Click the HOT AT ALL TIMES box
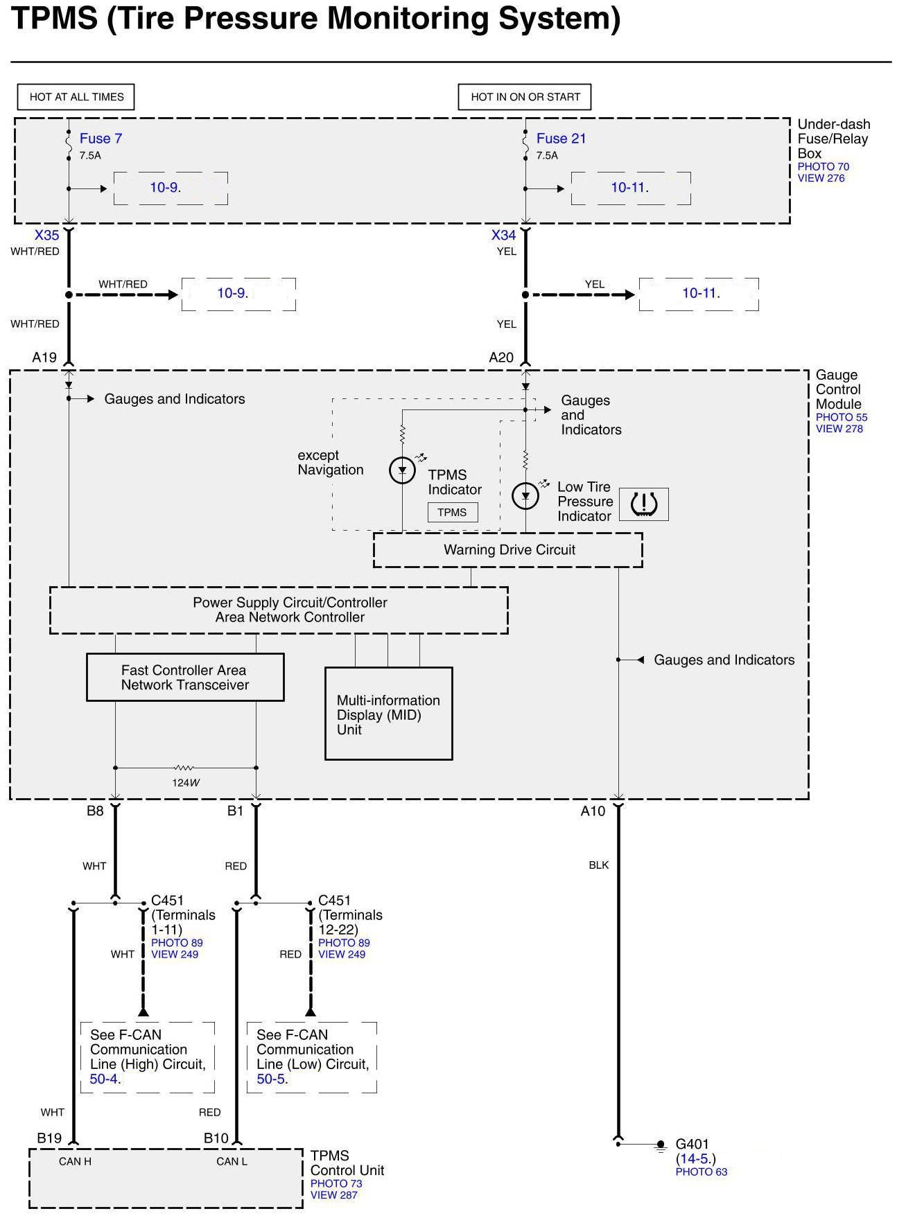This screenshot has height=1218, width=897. [76, 97]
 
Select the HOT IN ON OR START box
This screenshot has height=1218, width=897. [525, 97]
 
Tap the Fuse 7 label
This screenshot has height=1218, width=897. [101, 139]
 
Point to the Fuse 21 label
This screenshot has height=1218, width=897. [561, 139]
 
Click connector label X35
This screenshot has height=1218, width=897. [47, 236]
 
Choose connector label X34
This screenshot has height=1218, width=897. [504, 236]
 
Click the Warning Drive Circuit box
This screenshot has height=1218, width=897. [508, 550]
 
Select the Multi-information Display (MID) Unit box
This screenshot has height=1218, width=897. [388, 714]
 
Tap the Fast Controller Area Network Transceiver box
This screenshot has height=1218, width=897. [184, 678]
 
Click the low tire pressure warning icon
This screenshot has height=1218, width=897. [643, 504]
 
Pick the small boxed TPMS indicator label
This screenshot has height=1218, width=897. [452, 513]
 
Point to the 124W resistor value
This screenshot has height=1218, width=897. [186, 783]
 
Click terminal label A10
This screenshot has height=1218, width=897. [593, 811]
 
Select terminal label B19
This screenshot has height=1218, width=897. [49, 1138]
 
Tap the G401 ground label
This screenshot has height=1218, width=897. [692, 1145]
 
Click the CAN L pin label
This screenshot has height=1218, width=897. [232, 1161]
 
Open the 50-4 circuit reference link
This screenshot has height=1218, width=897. [105, 1079]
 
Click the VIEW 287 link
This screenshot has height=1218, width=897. [333, 1195]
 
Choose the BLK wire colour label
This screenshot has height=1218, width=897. [599, 865]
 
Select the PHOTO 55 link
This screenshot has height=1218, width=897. [841, 417]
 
